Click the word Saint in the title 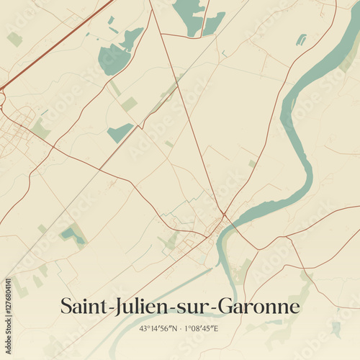tap(81, 307)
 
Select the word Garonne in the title tap(264, 307)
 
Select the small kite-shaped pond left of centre tap(120, 132)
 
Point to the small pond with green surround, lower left tap(70, 233)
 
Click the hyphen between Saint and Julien tap(105, 309)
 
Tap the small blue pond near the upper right tap(301, 40)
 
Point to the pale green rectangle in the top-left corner tap(14, 39)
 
